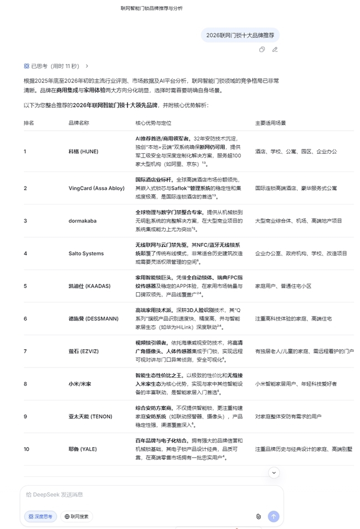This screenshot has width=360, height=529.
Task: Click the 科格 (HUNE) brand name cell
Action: [x=81, y=151]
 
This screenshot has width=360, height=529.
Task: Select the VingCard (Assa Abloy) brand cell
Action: [x=96, y=188]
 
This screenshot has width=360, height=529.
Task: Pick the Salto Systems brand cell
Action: [x=86, y=253]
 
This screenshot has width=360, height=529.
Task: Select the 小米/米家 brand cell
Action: [x=81, y=383]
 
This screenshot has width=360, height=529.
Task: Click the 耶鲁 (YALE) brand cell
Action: [x=83, y=449]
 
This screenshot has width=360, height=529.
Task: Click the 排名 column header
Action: [x=29, y=123]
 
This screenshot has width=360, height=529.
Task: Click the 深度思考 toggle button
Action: [x=40, y=516]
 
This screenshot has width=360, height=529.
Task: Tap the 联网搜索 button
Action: [x=76, y=516]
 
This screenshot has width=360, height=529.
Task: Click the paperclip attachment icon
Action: [x=258, y=516]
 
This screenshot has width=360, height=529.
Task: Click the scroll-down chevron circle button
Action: [x=274, y=473]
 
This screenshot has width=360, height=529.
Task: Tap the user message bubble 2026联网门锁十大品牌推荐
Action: [x=240, y=35]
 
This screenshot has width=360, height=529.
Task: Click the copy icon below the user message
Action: [x=262, y=49]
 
